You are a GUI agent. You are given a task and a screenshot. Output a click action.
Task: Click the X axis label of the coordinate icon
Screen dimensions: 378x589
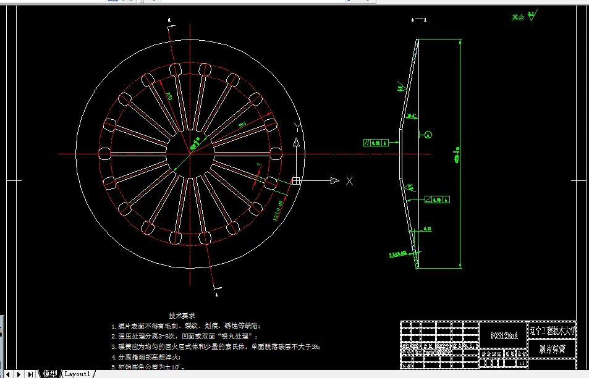click(x=349, y=181)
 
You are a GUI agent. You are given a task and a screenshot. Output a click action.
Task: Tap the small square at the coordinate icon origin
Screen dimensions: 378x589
click(x=296, y=181)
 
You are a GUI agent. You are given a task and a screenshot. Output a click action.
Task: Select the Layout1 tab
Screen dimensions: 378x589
click(x=78, y=374)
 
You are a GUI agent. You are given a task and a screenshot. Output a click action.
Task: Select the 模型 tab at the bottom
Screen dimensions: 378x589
click(x=49, y=374)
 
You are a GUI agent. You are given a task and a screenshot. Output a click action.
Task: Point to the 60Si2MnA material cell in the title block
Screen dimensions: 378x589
click(x=503, y=335)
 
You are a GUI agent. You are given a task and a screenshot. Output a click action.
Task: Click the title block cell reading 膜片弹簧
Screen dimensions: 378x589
click(x=551, y=348)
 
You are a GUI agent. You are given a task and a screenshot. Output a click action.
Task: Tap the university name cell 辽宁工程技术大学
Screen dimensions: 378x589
click(x=551, y=329)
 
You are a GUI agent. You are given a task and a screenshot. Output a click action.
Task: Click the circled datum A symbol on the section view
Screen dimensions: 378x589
click(x=428, y=134)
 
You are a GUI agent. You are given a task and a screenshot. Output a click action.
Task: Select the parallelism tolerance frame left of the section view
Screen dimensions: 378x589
click(x=376, y=143)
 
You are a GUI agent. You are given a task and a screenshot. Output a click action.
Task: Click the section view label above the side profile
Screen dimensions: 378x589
click(x=419, y=20)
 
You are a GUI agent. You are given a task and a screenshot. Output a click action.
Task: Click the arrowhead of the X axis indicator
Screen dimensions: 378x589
click(x=334, y=181)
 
